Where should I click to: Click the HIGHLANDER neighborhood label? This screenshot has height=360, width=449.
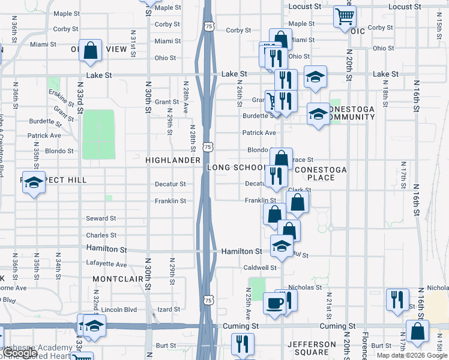pos(173,160)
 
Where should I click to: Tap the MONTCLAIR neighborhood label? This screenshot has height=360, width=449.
pos(116,280)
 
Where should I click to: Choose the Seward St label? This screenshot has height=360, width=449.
pos(101,218)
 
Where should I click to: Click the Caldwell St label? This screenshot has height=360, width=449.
pos(259,268)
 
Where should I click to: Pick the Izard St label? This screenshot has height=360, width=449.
pos(168,310)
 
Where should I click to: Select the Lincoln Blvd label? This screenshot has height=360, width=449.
pos(119,310)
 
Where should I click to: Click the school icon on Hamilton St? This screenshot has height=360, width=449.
pos(282,245)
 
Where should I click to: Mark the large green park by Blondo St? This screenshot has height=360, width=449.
pos(98,134)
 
